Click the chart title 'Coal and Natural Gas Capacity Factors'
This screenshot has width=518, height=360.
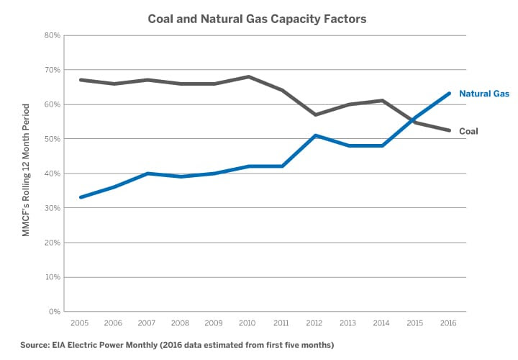(257, 19)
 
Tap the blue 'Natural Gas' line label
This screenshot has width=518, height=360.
(484, 94)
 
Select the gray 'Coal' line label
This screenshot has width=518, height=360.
(468, 131)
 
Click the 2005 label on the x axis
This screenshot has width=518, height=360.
(79, 323)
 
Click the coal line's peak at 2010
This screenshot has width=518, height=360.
(248, 77)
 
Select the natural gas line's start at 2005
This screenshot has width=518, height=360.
(79, 197)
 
